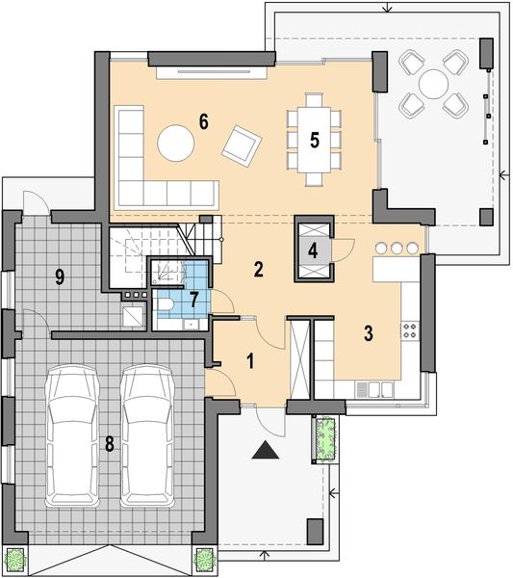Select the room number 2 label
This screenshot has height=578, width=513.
click(x=258, y=269)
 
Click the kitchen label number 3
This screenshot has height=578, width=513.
click(x=369, y=333)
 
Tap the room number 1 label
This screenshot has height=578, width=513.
click(x=250, y=362)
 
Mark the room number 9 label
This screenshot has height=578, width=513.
click(x=60, y=277)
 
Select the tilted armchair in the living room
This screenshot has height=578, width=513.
click(x=241, y=145)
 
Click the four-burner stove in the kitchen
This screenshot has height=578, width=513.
click(x=409, y=330)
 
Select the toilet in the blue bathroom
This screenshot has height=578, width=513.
click(x=166, y=306)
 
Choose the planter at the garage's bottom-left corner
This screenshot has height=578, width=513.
click(x=14, y=560)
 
